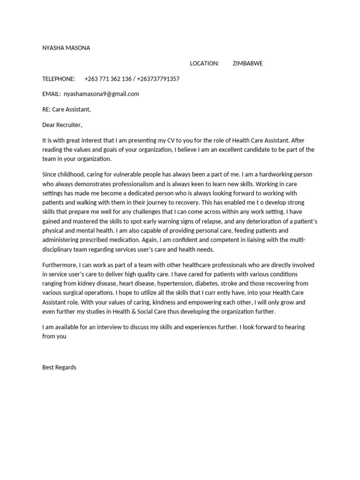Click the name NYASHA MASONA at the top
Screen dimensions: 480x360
[66, 48]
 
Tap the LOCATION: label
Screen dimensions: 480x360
[204, 64]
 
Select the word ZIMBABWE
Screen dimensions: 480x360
[247, 64]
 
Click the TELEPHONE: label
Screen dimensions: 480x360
[59, 79]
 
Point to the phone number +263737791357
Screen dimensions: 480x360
[158, 79]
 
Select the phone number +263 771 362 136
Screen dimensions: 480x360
[108, 79]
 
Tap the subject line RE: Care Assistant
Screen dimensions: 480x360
[66, 110]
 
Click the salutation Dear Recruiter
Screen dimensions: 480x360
[62, 125]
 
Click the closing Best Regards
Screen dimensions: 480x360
[59, 367]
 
